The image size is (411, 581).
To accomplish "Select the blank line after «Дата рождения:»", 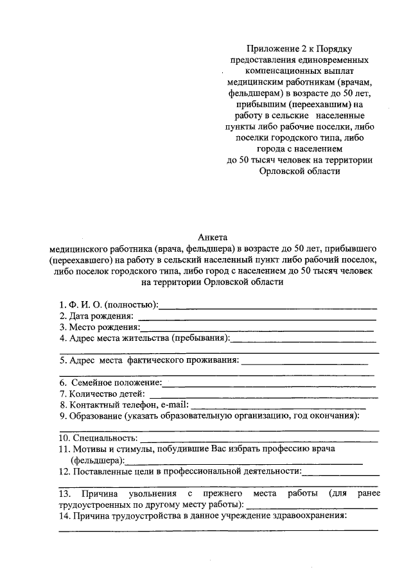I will (257, 318).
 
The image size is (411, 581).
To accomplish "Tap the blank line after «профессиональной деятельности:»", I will (340, 474).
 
